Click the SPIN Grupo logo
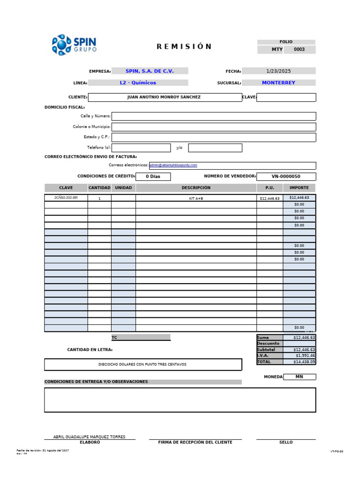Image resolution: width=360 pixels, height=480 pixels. tap(74, 45)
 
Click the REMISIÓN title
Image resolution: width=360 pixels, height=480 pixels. tap(184, 46)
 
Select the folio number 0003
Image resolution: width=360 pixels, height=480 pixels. tap(299, 49)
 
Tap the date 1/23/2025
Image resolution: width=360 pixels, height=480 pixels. tap(278, 71)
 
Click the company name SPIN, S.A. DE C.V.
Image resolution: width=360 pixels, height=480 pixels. tap(149, 71)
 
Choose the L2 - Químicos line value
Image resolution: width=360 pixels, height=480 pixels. tap(138, 83)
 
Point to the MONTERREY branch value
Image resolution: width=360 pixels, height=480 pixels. tap(278, 83)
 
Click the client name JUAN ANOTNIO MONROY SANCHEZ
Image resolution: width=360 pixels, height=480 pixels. tap(164, 97)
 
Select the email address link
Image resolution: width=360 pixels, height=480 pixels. tap(173, 165)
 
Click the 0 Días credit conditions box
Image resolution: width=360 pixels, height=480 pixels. tap(153, 177)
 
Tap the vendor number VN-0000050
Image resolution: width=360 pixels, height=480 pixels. tap(286, 177)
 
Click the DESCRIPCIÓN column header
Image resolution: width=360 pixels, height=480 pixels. tap(196, 188)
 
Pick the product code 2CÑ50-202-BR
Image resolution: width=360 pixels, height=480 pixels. tap(66, 198)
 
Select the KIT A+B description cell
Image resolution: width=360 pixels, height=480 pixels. tap(196, 198)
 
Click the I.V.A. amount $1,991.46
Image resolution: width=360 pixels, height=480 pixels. tap(300, 356)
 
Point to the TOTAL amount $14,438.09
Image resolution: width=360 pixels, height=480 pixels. tap(300, 362)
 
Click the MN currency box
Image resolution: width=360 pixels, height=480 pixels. tap(300, 377)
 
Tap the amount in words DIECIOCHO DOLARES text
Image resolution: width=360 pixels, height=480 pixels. tap(142, 364)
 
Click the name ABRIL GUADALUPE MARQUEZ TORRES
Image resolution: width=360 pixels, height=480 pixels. tap(89, 437)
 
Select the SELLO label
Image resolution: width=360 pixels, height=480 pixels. tap(285, 442)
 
